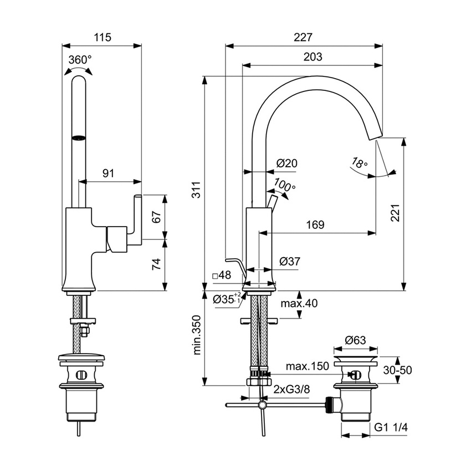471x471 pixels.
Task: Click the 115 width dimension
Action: (103, 38)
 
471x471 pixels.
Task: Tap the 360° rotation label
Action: (80, 60)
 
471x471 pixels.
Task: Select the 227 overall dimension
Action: (304, 38)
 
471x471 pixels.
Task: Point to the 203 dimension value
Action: (313, 57)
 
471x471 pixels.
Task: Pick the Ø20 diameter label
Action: (287, 163)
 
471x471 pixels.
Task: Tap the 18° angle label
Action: (359, 163)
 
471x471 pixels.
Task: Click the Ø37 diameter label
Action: (289, 260)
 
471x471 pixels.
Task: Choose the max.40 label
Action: (299, 303)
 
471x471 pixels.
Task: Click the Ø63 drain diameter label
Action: (355, 340)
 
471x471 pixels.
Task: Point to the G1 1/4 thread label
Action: (391, 428)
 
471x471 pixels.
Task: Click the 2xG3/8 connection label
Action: (291, 390)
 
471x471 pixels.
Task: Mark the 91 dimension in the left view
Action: (108, 173)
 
